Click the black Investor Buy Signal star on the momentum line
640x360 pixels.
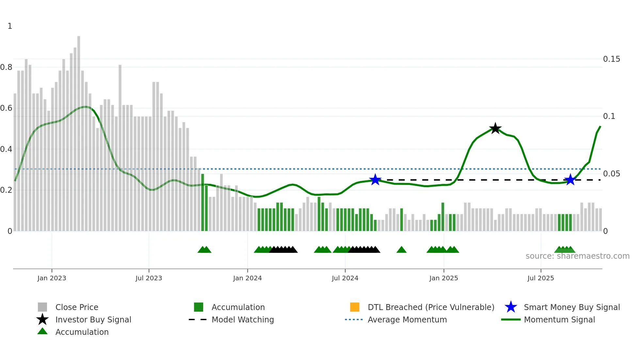pyautogui.click(x=495, y=128)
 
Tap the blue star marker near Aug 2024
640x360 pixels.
pyautogui.click(x=375, y=180)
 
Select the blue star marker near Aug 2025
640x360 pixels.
pyautogui.click(x=570, y=180)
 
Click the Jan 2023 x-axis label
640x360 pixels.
pyautogui.click(x=52, y=278)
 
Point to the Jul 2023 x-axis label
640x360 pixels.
pyautogui.click(x=149, y=278)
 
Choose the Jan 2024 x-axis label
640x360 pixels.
pyautogui.click(x=247, y=278)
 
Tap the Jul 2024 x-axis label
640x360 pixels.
pyautogui.click(x=345, y=278)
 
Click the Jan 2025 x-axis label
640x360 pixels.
pyautogui.click(x=443, y=278)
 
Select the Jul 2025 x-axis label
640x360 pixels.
pyautogui.click(x=540, y=278)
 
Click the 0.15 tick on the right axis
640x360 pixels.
pyautogui.click(x=611, y=59)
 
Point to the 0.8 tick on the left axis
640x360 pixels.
pyautogui.click(x=6, y=67)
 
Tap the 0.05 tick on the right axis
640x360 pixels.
pyautogui.click(x=611, y=174)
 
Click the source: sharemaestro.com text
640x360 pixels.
pyautogui.click(x=577, y=256)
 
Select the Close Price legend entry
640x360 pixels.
pyautogui.click(x=76, y=307)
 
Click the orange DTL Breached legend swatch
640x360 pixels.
pyautogui.click(x=355, y=307)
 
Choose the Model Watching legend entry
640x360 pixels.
pyautogui.click(x=242, y=319)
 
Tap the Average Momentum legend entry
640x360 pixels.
pyautogui.click(x=407, y=319)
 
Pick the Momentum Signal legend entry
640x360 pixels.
pyautogui.click(x=559, y=319)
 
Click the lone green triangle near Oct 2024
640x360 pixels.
pyautogui.click(x=401, y=250)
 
